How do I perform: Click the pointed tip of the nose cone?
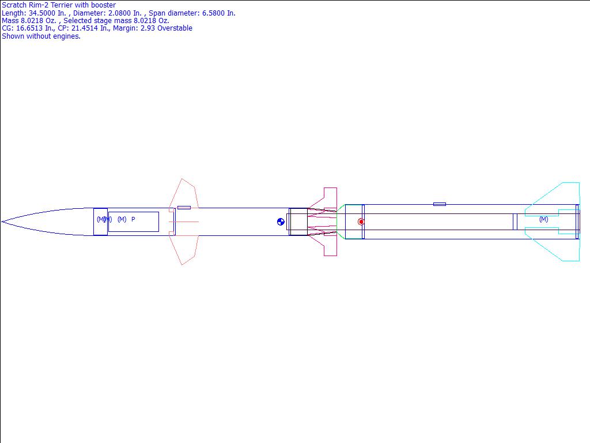click(2, 222)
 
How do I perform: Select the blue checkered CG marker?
click(281, 222)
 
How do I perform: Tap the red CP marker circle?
click(361, 222)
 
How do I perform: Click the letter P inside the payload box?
click(133, 219)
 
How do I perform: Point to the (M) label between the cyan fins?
click(544, 219)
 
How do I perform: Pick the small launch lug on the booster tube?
click(440, 204)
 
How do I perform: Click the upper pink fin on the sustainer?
click(183, 193)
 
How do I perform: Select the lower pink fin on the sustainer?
click(183, 250)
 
